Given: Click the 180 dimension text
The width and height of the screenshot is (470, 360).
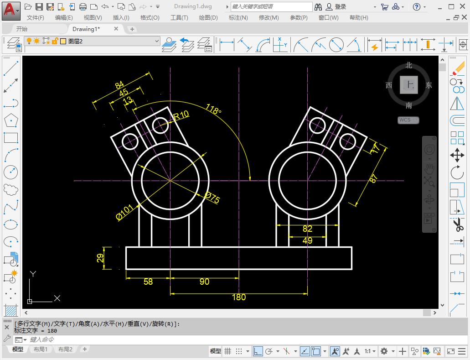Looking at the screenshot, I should point(239,297).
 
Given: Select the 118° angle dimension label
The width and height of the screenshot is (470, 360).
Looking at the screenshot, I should point(213,110).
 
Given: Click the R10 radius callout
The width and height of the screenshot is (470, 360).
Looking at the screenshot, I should point(181,115).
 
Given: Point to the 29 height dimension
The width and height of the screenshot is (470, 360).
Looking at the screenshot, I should point(100,258).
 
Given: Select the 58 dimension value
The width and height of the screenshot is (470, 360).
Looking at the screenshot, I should point(148,282).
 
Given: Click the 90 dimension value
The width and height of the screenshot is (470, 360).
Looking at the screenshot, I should point(204,282).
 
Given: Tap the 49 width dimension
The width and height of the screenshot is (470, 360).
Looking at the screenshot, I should point(307,240).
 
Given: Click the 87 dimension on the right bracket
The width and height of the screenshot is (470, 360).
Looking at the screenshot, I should point(373,179).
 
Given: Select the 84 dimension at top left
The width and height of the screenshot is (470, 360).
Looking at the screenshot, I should point(119,85).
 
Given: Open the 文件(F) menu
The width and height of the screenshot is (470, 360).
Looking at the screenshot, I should point(36,17).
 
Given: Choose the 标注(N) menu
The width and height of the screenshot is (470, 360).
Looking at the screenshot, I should point(238,17).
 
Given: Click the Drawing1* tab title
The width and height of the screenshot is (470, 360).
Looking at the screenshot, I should point(86,29).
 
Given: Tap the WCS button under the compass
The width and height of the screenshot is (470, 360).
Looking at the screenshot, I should point(405,120).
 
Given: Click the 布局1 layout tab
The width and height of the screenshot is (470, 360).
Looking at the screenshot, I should point(41,350).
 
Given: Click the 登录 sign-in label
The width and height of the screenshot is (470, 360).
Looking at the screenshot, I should point(341,7).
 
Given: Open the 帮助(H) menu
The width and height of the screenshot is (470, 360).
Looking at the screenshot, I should point(359,17).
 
